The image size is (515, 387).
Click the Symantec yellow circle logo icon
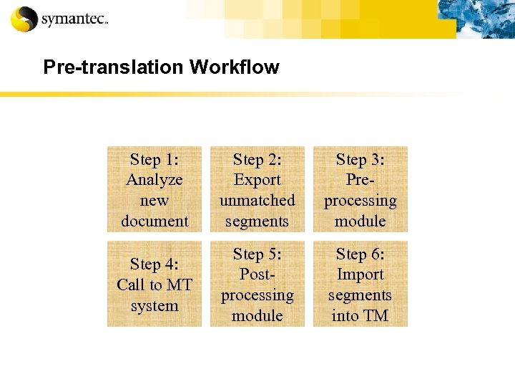coord(24,19)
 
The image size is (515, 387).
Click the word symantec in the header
coord(74,20)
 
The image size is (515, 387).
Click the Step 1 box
coord(154,190)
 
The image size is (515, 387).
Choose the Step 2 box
coord(257,190)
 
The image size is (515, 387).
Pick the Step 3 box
coord(360,190)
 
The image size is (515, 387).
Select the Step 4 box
coord(154,285)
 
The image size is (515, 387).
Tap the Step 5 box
coord(257,285)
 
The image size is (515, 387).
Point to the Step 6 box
coord(360,285)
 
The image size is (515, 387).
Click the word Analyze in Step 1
coord(154,180)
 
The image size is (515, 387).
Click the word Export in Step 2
coord(257,180)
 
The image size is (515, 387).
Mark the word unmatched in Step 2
coord(257,201)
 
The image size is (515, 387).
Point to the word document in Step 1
coord(154,221)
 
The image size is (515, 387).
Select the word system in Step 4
coord(154,306)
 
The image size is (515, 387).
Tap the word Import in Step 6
coord(360,274)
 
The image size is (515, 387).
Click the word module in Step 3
coord(360,221)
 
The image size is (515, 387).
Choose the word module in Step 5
coord(257,316)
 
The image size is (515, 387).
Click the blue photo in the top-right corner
coord(476,19)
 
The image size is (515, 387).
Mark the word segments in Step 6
coord(360,295)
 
